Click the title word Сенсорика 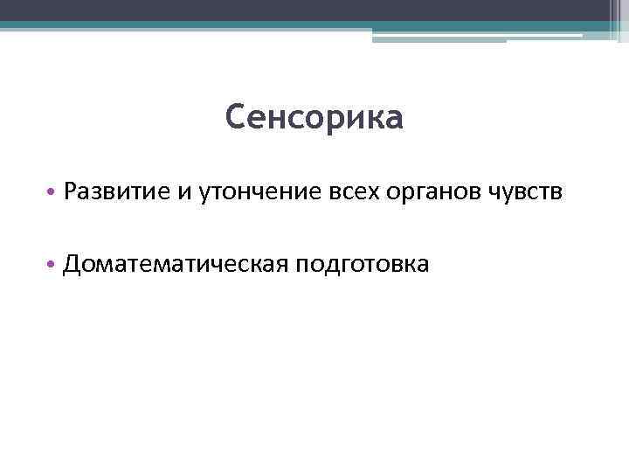point(314,118)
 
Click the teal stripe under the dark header point(262,26)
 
